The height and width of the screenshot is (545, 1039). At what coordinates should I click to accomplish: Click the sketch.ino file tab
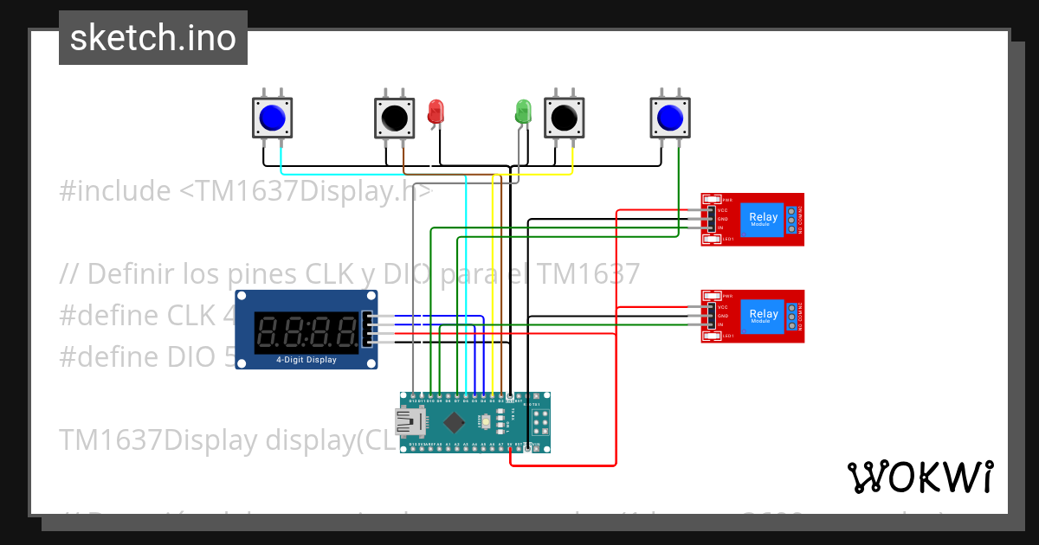click(x=152, y=38)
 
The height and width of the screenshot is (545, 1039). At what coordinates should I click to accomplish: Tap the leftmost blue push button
click(x=273, y=117)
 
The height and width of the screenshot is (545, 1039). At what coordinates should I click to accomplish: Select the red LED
click(x=436, y=111)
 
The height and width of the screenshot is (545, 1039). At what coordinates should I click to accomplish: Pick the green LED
click(x=523, y=111)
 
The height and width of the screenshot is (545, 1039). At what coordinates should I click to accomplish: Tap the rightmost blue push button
click(x=671, y=117)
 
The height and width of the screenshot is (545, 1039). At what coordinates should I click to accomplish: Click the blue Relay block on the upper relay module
click(x=763, y=219)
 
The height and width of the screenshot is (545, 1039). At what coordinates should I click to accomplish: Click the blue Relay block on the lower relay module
click(x=763, y=316)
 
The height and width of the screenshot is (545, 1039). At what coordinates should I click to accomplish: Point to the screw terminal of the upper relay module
click(x=791, y=220)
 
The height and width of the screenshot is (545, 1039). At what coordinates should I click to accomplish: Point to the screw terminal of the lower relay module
click(x=791, y=317)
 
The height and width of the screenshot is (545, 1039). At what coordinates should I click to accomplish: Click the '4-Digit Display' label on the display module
click(x=307, y=360)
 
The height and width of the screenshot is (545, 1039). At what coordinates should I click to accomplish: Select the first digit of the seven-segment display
click(x=268, y=331)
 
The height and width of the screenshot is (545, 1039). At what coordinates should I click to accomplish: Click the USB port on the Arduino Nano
click(x=409, y=422)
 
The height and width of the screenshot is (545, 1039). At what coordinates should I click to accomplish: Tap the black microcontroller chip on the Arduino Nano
click(x=454, y=422)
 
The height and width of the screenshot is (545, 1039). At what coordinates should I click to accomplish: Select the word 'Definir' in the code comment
click(x=131, y=274)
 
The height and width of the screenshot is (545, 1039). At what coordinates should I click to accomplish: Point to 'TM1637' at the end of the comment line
click(x=588, y=274)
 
